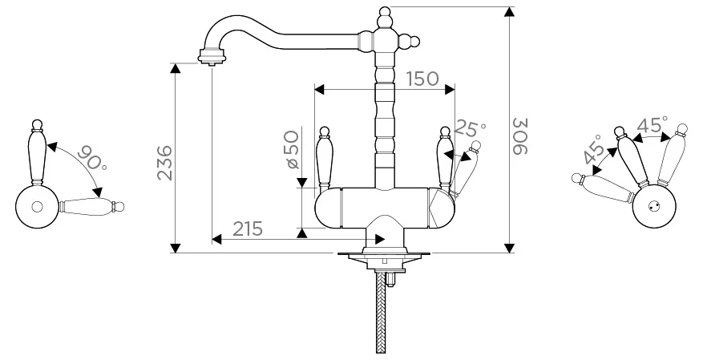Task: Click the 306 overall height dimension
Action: tap(520, 136)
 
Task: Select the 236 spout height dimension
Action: tap(165, 162)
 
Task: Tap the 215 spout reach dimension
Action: tap(248, 229)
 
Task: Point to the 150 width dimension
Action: tap(422, 79)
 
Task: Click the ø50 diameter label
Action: tap(292, 149)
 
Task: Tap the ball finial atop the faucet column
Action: tap(385, 12)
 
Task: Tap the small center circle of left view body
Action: tap(37, 207)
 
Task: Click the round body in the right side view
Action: tap(653, 206)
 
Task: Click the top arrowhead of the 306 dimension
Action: tap(509, 12)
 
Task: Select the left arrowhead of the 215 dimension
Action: tap(217, 240)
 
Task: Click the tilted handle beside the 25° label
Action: tap(465, 169)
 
